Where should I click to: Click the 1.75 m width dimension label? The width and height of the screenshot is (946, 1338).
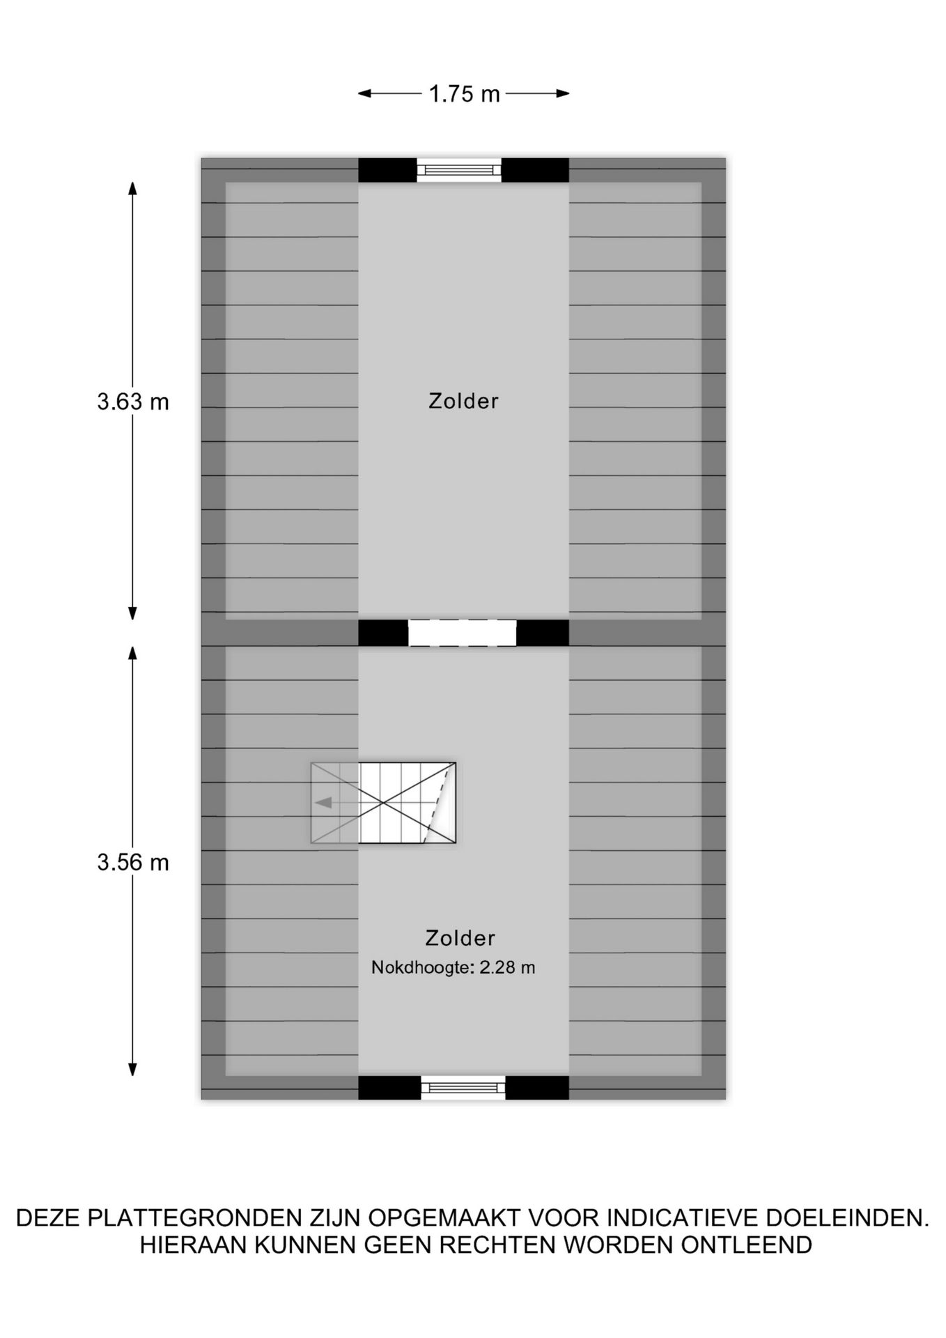tap(464, 93)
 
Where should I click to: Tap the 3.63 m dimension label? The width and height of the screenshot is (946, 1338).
tap(133, 401)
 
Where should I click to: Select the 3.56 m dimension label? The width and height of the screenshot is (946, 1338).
tap(133, 862)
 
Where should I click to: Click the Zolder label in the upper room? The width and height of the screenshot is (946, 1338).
tap(463, 401)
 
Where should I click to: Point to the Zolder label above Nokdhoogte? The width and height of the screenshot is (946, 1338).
tap(460, 938)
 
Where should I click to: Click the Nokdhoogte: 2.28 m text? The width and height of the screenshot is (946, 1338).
tap(453, 967)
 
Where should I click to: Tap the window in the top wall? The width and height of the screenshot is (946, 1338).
tap(459, 170)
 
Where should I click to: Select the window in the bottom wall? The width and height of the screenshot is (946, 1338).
tap(463, 1087)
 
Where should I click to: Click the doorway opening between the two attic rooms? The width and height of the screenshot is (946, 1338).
tap(462, 633)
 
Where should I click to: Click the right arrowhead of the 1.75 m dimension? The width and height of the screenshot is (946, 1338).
tap(563, 93)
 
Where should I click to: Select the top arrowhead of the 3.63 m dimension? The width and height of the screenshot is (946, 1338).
tap(132, 188)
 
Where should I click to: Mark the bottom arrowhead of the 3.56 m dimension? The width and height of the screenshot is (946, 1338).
tap(132, 1070)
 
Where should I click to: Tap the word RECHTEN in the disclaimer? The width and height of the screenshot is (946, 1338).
tap(497, 1245)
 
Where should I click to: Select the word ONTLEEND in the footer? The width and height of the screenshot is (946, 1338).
tap(747, 1245)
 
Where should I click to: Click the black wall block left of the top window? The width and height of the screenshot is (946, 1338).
tap(387, 170)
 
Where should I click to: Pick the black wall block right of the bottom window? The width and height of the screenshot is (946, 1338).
tap(537, 1087)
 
